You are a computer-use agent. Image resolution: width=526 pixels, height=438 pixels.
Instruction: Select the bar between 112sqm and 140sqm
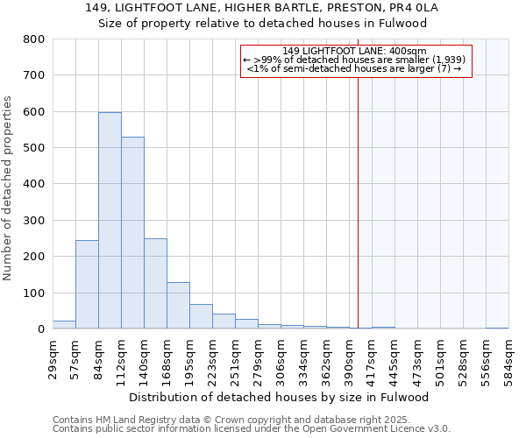(132, 233)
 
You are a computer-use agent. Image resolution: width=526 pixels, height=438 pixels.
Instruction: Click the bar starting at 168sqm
(178, 306)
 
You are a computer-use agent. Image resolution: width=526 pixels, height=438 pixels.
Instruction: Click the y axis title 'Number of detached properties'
(8, 184)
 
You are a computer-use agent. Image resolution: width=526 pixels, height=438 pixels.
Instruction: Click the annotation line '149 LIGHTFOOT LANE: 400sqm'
(355, 51)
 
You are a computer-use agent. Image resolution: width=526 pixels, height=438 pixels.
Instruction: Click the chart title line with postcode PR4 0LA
(262, 8)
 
